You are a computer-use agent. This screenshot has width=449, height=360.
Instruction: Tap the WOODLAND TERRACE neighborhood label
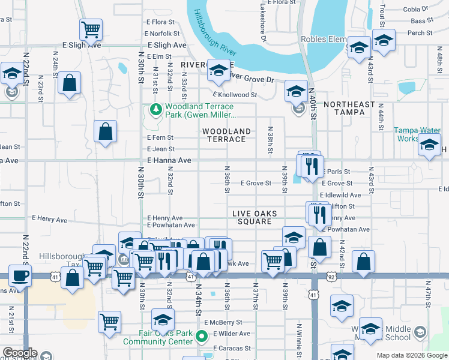click(226, 135)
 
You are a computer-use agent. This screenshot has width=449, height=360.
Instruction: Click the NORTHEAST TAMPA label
click(349, 109)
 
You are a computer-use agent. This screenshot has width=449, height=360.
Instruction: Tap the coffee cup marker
click(20, 276)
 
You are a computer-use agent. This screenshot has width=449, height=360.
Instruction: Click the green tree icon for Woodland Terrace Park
click(155, 109)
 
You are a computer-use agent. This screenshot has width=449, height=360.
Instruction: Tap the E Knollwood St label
click(234, 95)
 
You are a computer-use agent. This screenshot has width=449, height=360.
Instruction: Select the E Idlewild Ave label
click(340, 195)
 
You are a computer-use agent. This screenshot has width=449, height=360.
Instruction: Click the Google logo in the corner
click(20, 353)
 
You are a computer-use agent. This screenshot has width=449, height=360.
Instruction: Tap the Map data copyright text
click(412, 355)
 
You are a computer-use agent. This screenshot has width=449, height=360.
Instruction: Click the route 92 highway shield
click(332, 277)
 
